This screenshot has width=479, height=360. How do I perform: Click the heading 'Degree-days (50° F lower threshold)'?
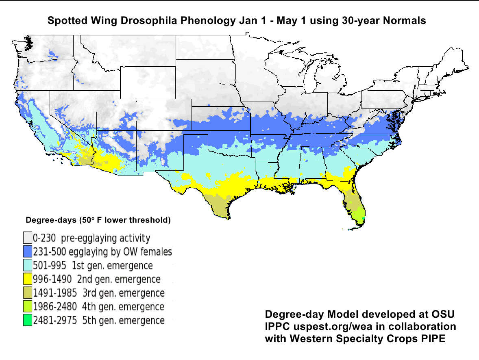click(x=98, y=221)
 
